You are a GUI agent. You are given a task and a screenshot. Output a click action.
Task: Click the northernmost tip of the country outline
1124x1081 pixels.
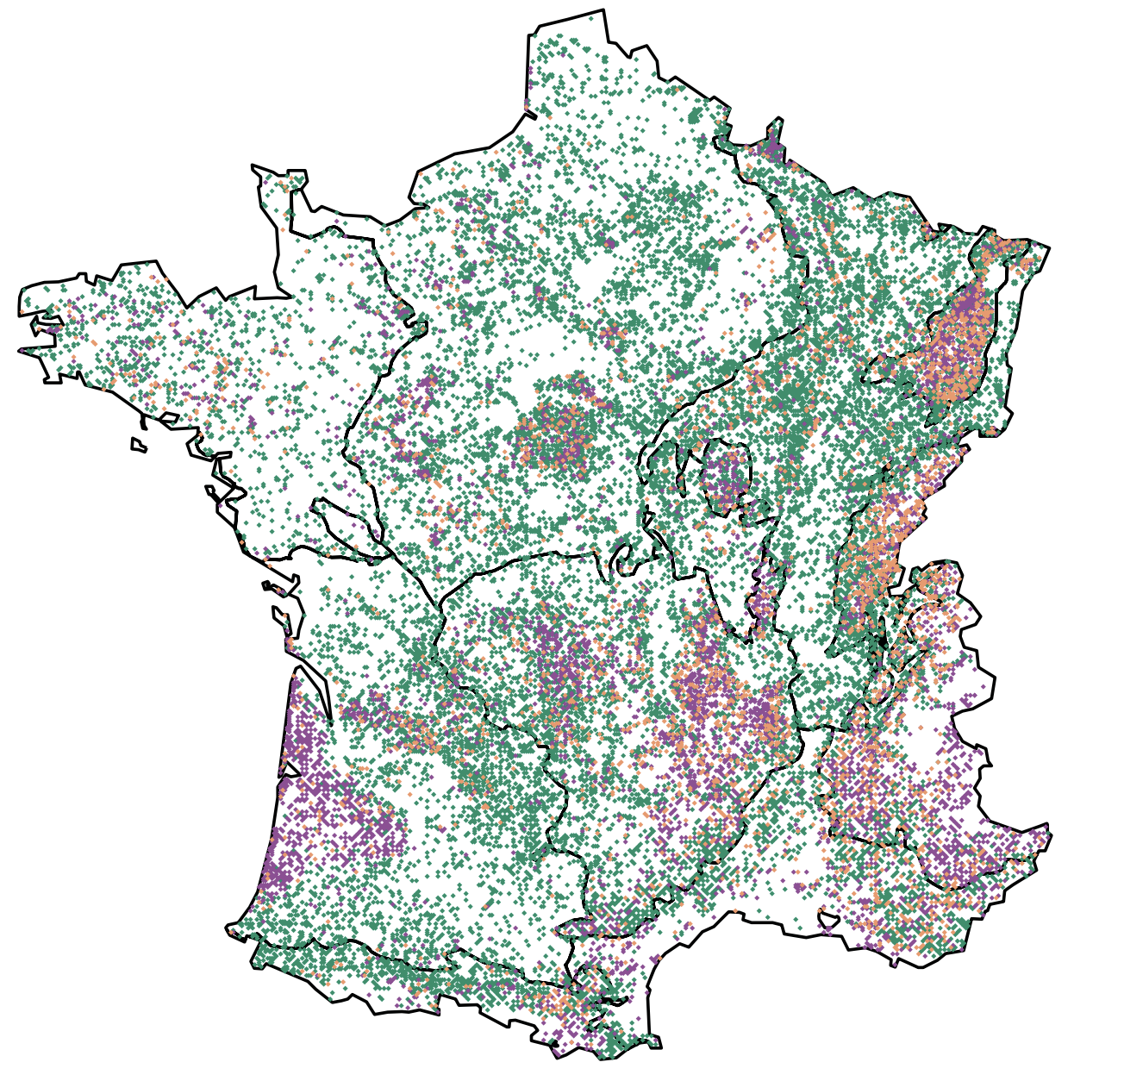coord(603,10)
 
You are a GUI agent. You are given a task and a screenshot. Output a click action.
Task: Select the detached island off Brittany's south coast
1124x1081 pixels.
coord(138,446)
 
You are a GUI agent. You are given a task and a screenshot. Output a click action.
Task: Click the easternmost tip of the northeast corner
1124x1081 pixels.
coord(1049,249)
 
